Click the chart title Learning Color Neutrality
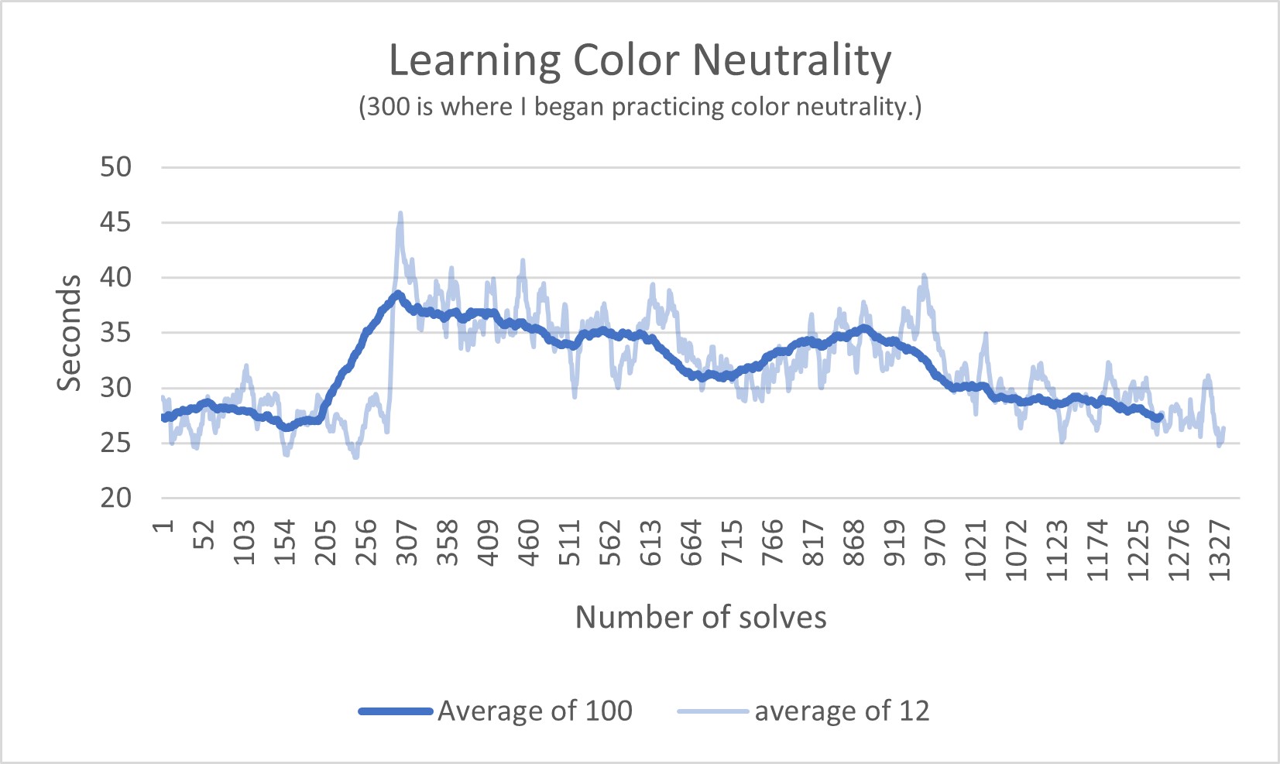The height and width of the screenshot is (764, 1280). coord(640,60)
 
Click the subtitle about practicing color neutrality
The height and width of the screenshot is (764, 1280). coord(640,107)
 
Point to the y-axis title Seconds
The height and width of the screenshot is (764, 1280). coord(69,333)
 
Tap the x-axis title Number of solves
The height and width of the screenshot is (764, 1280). coord(701,617)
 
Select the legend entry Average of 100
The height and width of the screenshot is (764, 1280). coord(534,711)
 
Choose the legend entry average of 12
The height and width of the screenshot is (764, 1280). coord(841,711)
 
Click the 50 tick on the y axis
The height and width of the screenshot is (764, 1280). coord(116,167)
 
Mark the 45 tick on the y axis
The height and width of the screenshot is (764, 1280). coord(116,223)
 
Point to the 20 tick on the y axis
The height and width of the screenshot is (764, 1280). coord(116,498)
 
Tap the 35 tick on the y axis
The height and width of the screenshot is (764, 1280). coord(116,333)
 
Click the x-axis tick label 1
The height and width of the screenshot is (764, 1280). coord(163,526)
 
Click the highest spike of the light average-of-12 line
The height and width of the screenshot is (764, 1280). coord(400,214)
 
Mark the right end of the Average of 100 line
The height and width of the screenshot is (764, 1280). coord(1159,417)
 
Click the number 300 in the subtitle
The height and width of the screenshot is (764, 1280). coord(388,107)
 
